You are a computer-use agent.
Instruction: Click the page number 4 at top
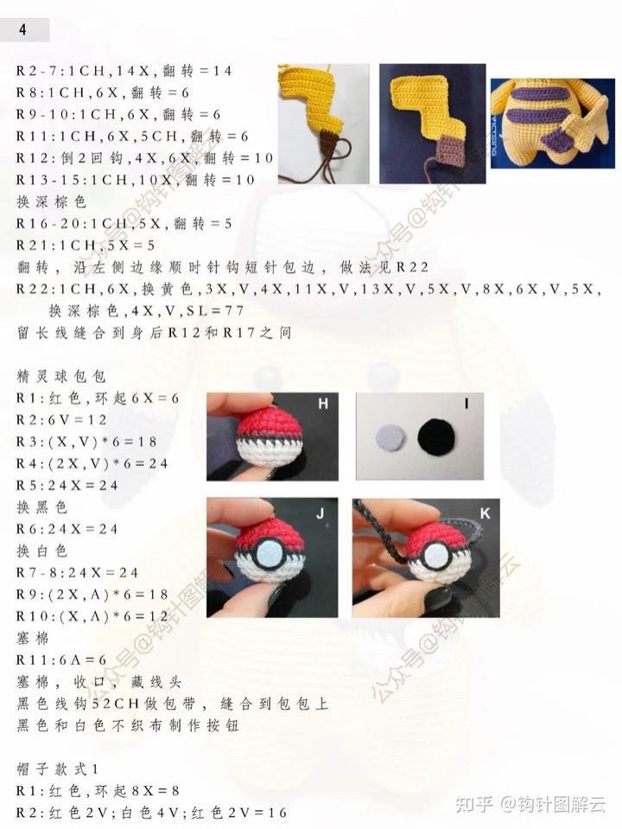click(22, 29)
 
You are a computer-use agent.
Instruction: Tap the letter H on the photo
click(323, 404)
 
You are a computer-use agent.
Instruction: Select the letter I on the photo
click(466, 404)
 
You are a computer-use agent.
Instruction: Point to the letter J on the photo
click(321, 513)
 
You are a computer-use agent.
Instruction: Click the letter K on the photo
click(485, 513)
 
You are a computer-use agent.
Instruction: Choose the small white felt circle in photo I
click(389, 438)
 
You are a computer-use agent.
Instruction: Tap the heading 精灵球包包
click(61, 376)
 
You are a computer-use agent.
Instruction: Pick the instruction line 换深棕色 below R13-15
click(51, 202)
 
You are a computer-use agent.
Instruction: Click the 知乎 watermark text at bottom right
click(474, 805)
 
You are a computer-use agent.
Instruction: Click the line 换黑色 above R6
click(42, 507)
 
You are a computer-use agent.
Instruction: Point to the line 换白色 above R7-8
click(42, 551)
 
